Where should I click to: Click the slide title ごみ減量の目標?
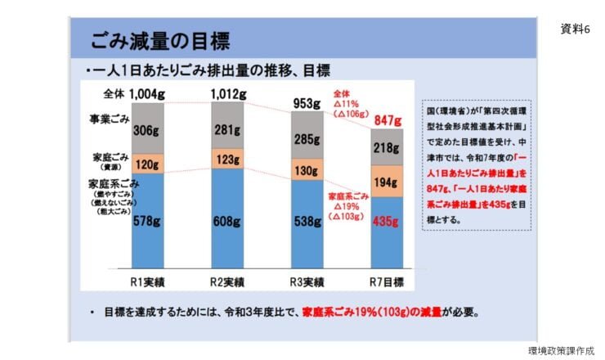pyautogui.click(x=159, y=40)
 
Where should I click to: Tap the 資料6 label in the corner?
pyautogui.click(x=575, y=29)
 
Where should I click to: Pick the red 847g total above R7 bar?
pyautogui.click(x=388, y=121)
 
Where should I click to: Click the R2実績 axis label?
pyautogui.click(x=228, y=282)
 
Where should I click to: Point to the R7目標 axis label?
pyautogui.click(x=388, y=282)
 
